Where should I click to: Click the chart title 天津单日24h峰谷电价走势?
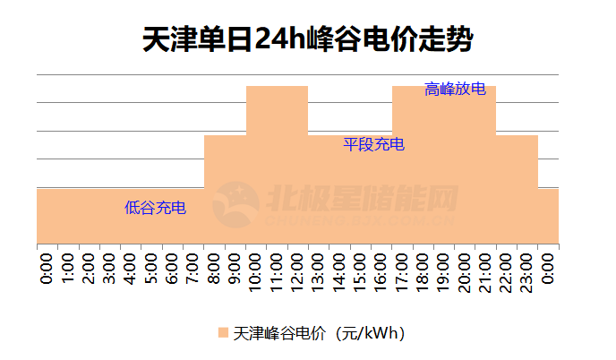click(308, 39)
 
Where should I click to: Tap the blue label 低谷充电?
click(156, 209)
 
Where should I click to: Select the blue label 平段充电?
click(374, 144)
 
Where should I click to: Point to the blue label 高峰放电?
click(455, 89)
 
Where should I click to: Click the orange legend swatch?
click(223, 333)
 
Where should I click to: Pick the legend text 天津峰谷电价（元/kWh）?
click(321, 333)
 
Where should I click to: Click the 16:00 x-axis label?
click(381, 271)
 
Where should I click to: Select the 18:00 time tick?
click(423, 271)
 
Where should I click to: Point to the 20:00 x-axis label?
click(465, 271)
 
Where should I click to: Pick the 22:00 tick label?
click(506, 271)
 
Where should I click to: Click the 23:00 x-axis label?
click(527, 271)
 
